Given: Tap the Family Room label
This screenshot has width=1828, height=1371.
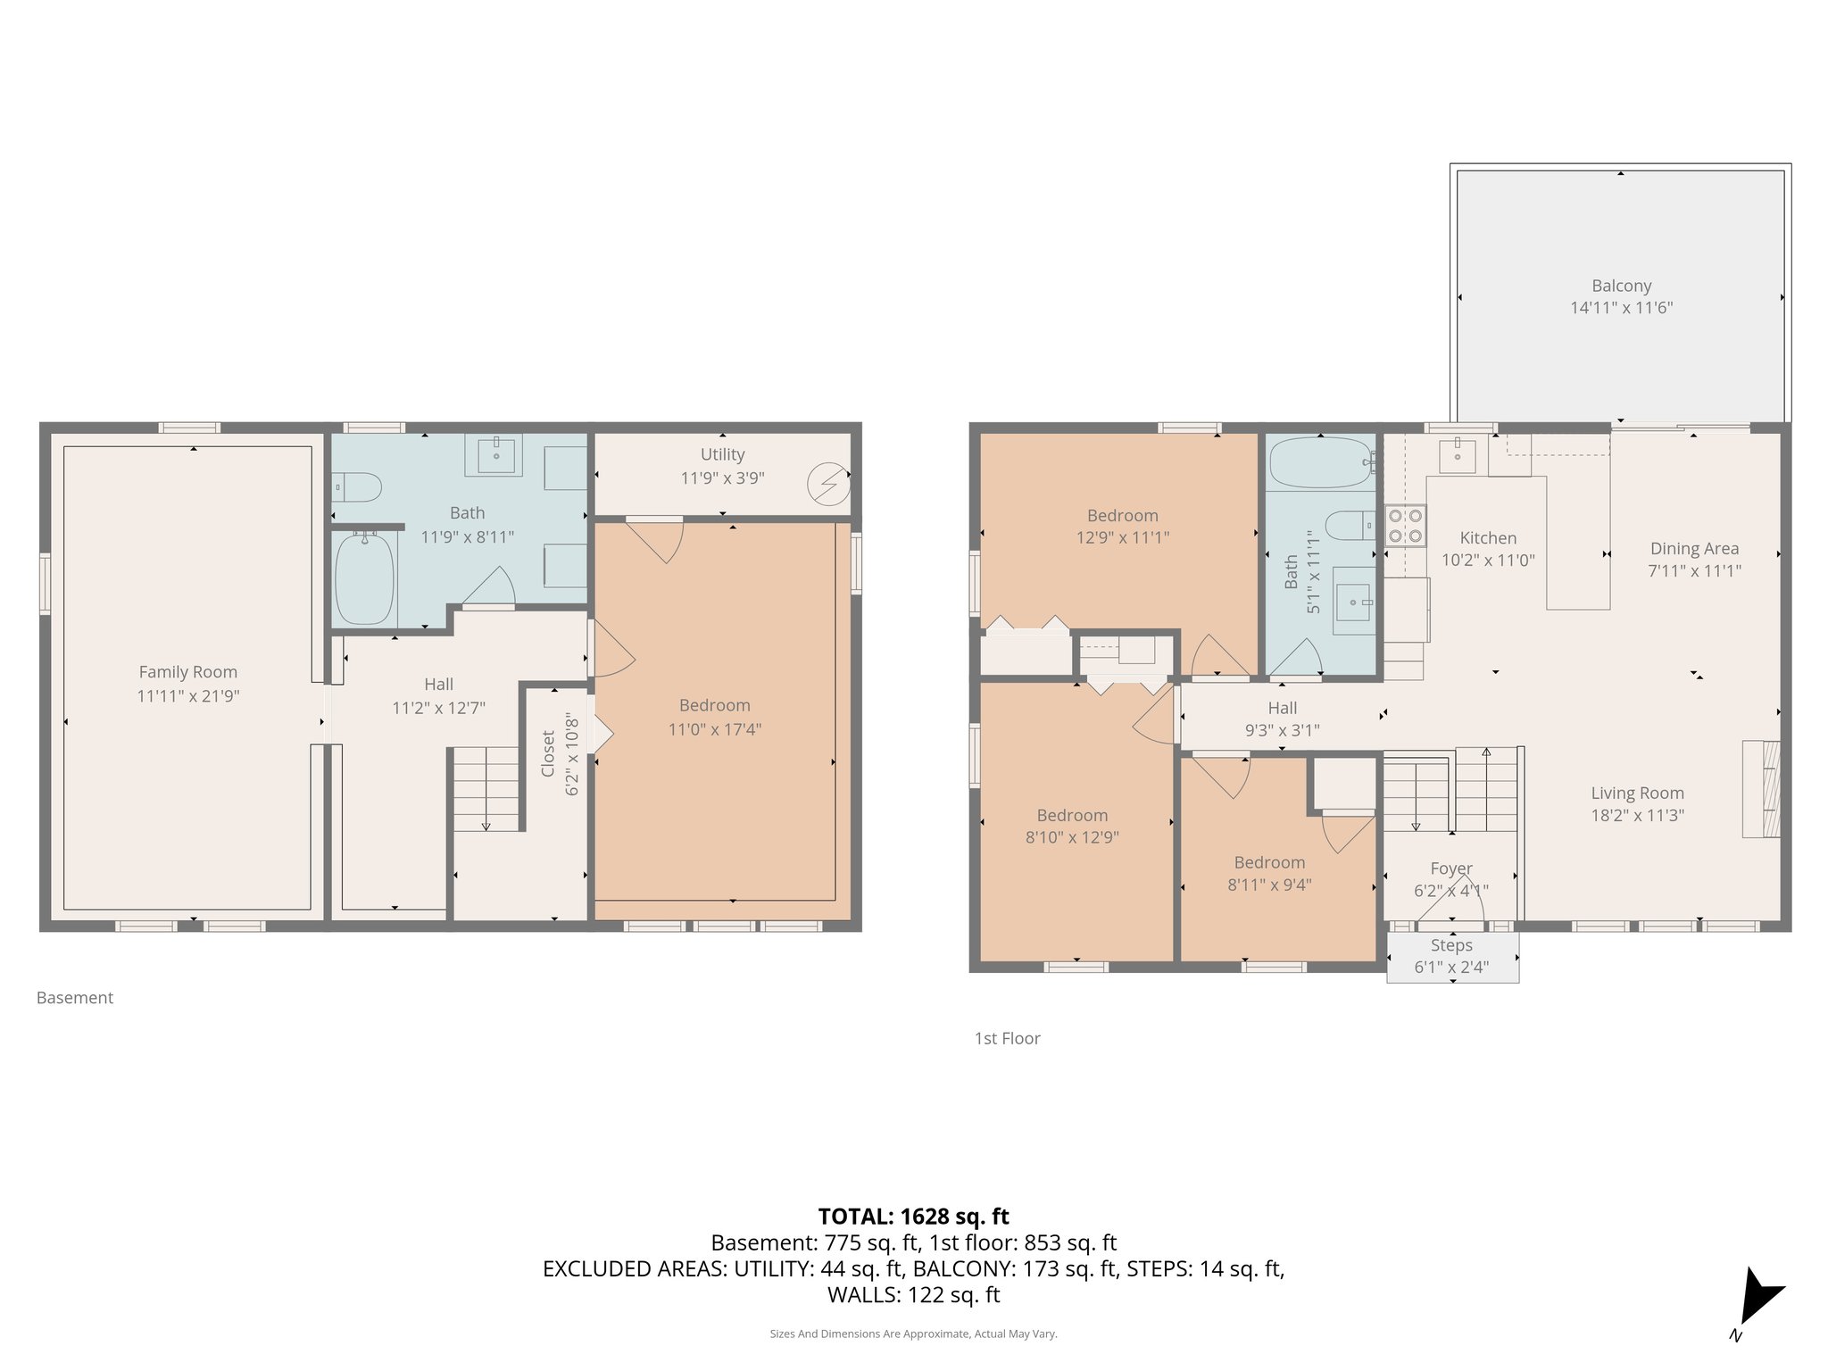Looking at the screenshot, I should coord(187,672).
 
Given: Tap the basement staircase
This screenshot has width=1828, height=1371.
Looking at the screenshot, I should coord(486,789).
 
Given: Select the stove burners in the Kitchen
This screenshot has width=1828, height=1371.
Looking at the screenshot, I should coord(1405,526).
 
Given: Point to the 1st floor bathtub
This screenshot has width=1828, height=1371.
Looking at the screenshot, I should coord(1321,461).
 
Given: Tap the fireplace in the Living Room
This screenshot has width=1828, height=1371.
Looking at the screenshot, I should coord(1762,788).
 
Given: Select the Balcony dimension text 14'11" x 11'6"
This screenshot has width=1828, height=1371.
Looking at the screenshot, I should coord(1621,308).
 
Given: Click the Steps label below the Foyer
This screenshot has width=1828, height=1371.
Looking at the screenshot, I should coord(1451,945).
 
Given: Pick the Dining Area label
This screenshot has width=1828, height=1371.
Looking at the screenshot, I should coord(1694,549).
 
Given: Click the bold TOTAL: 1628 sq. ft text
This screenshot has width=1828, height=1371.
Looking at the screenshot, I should coord(913,1216).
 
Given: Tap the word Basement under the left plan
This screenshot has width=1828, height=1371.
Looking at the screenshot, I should coord(75,998).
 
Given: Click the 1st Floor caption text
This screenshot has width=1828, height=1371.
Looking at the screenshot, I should coord(1007,1038).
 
